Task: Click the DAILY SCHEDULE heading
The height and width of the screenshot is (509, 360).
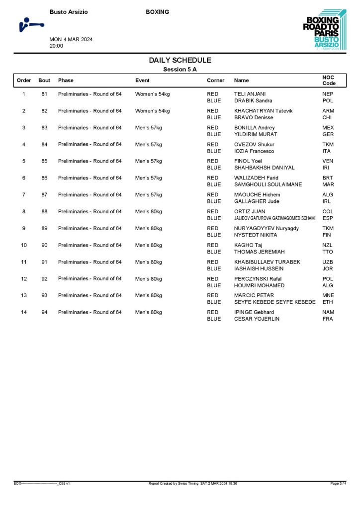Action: pos(180,60)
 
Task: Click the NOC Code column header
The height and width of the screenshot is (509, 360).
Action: pos(329,80)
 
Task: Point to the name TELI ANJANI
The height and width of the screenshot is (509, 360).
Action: pos(250,94)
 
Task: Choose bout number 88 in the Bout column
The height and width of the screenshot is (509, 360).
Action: pos(44,212)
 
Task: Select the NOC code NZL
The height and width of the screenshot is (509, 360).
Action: pos(328,245)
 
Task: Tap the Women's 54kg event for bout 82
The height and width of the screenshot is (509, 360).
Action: pos(152,111)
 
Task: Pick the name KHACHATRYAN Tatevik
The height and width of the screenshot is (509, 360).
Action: pos(264,111)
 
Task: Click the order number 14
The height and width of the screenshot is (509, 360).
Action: pos(24,312)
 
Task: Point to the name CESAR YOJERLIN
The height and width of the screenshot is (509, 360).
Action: pos(257,319)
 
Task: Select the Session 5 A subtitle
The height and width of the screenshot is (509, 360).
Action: pos(180,70)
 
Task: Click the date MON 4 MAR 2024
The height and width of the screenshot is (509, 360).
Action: pos(71,40)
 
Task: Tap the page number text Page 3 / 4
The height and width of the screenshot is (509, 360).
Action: pos(338,483)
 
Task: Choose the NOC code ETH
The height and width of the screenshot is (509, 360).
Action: pos(328,302)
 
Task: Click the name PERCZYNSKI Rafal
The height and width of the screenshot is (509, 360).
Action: pos(258,279)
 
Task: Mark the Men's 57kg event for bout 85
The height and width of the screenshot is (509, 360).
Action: pos(149,161)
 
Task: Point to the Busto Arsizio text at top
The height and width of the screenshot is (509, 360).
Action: pos(69,12)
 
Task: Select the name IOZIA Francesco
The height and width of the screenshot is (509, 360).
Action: pos(254,151)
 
